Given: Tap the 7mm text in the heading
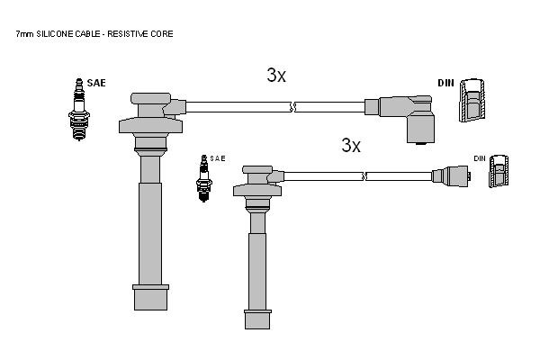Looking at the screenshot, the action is [x=24, y=34].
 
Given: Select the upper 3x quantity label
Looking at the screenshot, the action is [x=276, y=75].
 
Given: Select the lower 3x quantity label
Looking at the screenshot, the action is [x=351, y=146].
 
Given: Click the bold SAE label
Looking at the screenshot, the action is [x=96, y=83].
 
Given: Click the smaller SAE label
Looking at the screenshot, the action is [x=217, y=158].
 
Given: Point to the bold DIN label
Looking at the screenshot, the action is [x=446, y=83].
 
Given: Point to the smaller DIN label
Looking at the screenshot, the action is [x=480, y=158].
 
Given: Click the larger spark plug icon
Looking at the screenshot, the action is [x=79, y=110].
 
